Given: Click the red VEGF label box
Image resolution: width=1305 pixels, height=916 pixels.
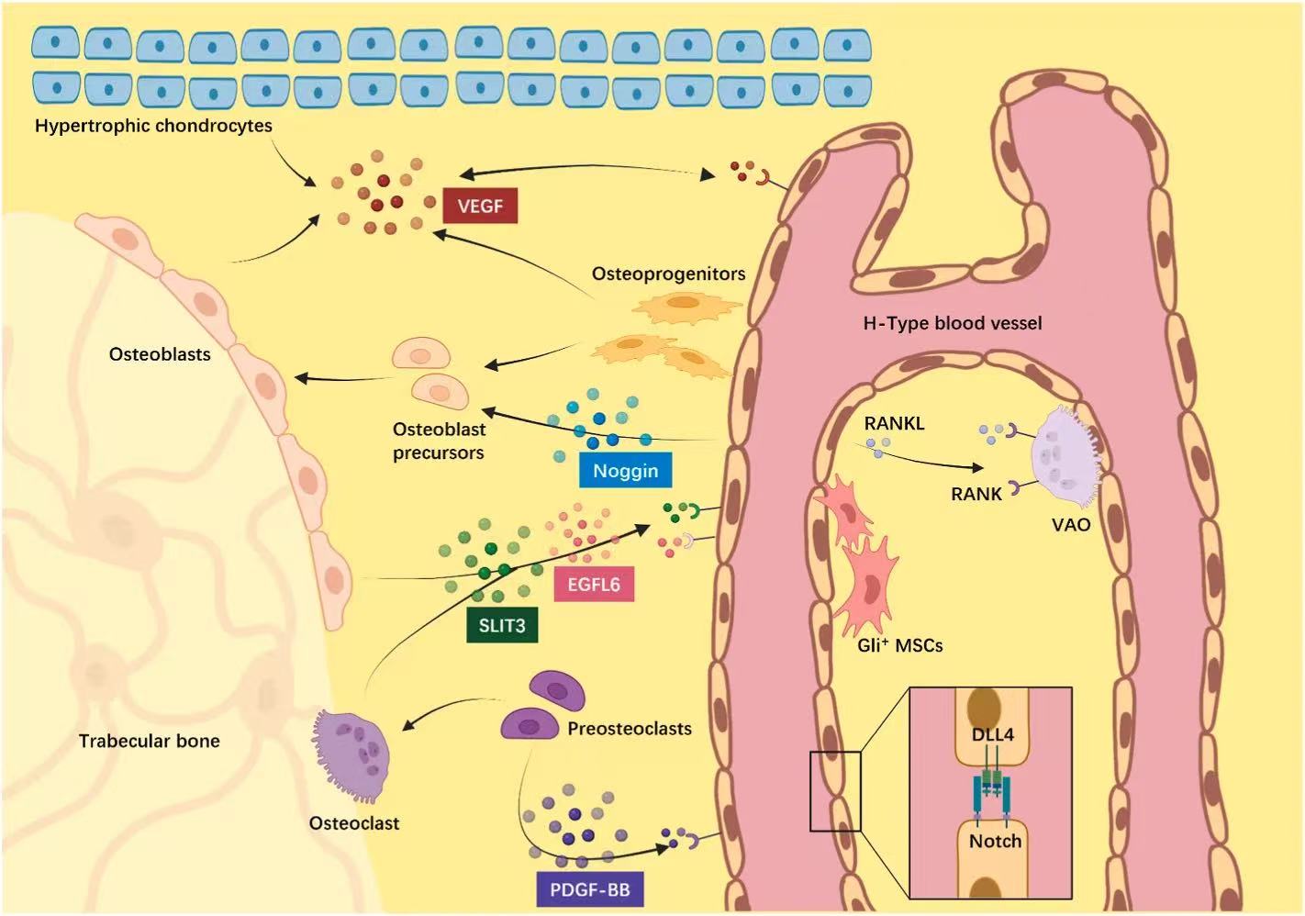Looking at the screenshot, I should [x=480, y=206].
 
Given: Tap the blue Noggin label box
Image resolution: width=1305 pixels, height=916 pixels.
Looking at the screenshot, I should [x=625, y=471].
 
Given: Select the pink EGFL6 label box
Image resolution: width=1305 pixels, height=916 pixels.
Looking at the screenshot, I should [x=594, y=584].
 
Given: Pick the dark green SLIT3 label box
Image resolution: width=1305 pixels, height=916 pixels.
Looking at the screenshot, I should [x=502, y=626].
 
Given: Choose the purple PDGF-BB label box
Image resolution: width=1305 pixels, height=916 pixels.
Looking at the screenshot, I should [x=589, y=889].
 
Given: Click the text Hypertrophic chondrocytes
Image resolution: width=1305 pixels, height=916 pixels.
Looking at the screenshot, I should [x=153, y=126].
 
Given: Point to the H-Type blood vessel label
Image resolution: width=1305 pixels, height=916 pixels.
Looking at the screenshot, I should [x=953, y=323].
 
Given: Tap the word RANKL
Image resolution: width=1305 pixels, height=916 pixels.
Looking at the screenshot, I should [x=894, y=423].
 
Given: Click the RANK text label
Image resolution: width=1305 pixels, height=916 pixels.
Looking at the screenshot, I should [x=976, y=494].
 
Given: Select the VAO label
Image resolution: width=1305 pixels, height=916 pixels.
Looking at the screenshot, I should [x=1071, y=525].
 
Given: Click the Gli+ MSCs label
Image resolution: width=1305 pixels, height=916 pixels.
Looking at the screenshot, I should [x=899, y=645].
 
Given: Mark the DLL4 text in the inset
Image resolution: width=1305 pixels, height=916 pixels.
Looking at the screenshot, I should [x=993, y=735].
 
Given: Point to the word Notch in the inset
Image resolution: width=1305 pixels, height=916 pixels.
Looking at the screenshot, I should [x=995, y=841].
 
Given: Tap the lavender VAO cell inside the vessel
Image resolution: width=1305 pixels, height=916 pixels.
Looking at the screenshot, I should [x=1065, y=456].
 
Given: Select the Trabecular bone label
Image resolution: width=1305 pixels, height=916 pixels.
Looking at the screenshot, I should [x=149, y=741].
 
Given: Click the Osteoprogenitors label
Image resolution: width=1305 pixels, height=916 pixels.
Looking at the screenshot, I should [x=668, y=274].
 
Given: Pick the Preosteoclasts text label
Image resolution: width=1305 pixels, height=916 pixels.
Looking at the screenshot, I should [x=630, y=729].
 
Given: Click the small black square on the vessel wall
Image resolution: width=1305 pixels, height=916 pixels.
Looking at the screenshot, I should [x=835, y=791].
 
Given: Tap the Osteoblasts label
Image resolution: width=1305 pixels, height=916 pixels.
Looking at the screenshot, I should [x=160, y=354].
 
